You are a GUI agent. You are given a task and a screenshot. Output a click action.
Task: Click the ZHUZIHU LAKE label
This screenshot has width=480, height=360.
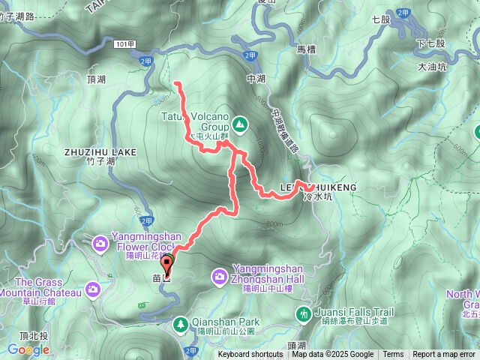[x=100, y=151]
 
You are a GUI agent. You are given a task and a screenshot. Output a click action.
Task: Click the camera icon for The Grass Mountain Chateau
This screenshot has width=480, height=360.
[x=91, y=289]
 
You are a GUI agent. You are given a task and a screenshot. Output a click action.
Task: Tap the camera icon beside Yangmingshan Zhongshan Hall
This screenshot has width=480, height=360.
[x=220, y=277]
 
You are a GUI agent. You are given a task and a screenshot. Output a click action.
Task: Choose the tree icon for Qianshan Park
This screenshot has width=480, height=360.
[x=180, y=324]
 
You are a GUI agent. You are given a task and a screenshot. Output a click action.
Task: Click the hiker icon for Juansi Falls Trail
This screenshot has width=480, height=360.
[x=304, y=313]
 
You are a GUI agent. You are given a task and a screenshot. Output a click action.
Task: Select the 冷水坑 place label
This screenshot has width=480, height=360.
[x=316, y=196]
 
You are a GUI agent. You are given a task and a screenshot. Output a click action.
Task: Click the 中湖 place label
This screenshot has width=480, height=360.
[x=256, y=77]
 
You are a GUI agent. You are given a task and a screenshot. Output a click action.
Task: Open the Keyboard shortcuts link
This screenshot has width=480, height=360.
[x=250, y=355]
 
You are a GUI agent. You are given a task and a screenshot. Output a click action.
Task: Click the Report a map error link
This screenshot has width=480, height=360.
[x=444, y=355]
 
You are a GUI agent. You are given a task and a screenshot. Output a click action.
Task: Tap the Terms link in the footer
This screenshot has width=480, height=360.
[x=393, y=355]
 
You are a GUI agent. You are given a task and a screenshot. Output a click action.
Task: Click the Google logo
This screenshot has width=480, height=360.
[x=28, y=349]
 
